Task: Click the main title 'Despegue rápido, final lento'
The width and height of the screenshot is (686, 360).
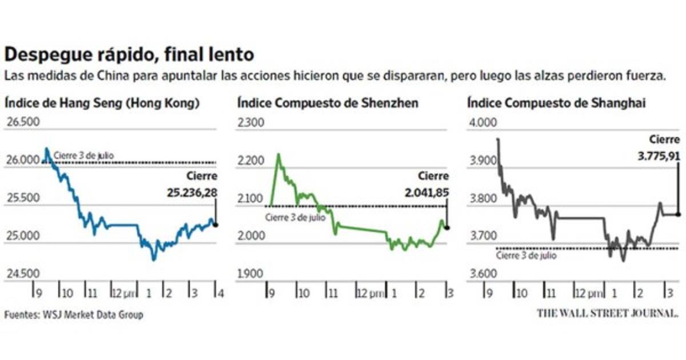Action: point(129,55)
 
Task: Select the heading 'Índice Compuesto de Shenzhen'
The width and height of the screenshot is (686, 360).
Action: point(327,103)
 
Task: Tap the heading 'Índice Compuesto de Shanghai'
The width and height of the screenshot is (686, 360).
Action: point(557,103)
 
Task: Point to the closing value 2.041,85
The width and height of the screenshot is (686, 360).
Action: point(425,194)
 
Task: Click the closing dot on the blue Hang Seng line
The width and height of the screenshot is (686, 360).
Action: point(216,225)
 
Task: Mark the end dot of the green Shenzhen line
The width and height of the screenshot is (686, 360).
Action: point(446,227)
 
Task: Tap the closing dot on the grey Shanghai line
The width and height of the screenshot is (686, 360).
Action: point(679,214)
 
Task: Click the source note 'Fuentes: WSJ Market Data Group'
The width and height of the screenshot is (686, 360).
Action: point(74,315)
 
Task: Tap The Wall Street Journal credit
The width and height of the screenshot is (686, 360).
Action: point(608,313)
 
